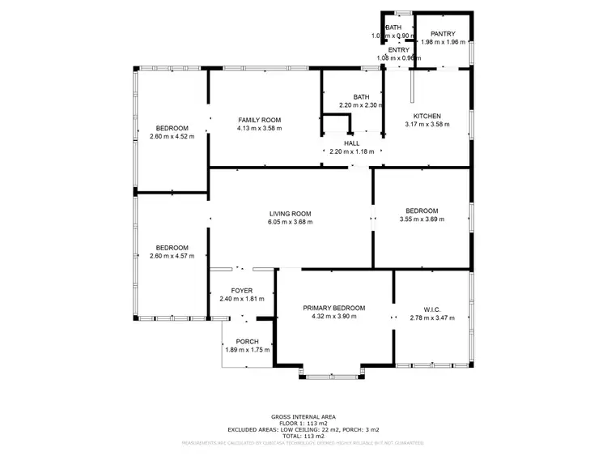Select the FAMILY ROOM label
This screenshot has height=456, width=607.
[259, 120]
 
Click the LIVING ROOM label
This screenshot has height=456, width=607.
[291, 214]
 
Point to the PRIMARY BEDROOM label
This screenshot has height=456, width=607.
[334, 308]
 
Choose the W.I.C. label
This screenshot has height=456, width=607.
[432, 309]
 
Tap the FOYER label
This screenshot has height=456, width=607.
[242, 290]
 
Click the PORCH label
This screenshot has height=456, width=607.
[248, 341]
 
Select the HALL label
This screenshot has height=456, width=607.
[351, 143]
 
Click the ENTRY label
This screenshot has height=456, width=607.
[400, 49]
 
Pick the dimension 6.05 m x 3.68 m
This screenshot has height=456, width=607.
[291, 222]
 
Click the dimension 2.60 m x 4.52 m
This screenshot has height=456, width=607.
[172, 136]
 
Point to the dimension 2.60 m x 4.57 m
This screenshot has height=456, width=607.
[172, 256]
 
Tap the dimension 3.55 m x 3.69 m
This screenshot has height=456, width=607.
[422, 219]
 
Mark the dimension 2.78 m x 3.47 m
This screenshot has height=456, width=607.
[432, 317]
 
